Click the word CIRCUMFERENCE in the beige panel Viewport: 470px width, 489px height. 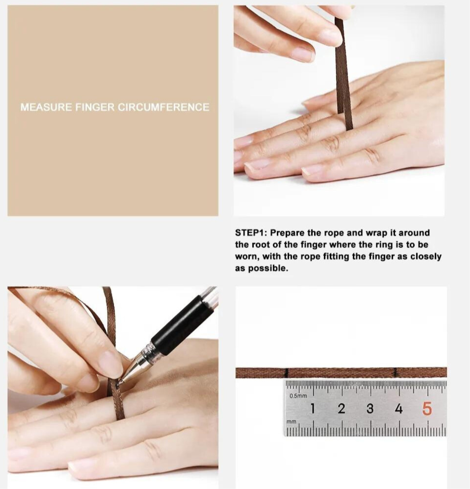[x=163, y=107]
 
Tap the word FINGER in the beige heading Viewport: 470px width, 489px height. [x=95, y=107]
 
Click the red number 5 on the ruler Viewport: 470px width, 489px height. [x=427, y=408]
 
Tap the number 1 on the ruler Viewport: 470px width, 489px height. [x=313, y=408]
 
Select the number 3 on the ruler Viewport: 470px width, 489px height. [x=370, y=408]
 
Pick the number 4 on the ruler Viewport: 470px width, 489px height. [x=398, y=408]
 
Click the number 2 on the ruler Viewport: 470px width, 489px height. [x=341, y=408]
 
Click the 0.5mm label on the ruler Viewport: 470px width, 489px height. [x=298, y=396]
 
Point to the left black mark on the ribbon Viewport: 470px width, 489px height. [x=286, y=372]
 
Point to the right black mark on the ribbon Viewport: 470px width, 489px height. [x=396, y=372]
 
